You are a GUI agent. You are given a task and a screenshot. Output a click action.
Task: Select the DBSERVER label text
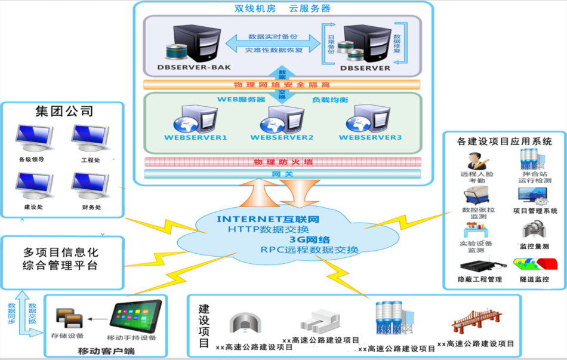[x=365, y=68]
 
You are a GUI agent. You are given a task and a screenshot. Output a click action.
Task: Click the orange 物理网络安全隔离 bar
[x=282, y=85]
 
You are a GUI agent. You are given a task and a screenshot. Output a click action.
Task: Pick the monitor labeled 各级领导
[x=32, y=139]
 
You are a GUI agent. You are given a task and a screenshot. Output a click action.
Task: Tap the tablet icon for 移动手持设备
[x=135, y=316]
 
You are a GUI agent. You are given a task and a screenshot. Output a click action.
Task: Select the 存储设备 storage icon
[x=68, y=318]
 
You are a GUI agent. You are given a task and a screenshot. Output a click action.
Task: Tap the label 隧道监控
[x=535, y=279]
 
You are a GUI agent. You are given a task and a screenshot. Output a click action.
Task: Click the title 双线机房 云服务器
[x=282, y=9]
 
